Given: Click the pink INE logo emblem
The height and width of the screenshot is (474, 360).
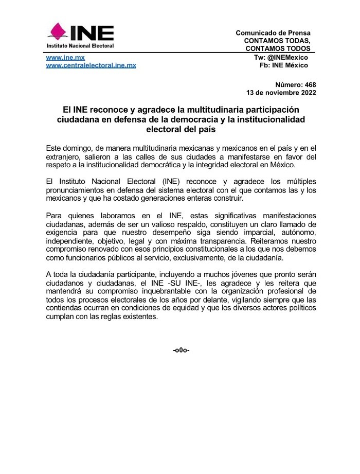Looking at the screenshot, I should tap(58, 32).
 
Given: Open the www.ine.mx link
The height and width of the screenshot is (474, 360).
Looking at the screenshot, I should tap(65, 58).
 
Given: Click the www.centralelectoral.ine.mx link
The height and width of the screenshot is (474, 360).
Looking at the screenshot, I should tap(91, 65).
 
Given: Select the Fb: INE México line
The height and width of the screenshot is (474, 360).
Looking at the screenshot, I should tap(284, 65).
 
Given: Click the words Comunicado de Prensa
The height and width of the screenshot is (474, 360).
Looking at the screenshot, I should tap(273, 33).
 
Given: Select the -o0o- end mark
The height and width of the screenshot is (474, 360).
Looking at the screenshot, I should tap(182, 350).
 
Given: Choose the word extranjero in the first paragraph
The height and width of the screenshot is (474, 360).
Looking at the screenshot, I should tap(64, 155).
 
